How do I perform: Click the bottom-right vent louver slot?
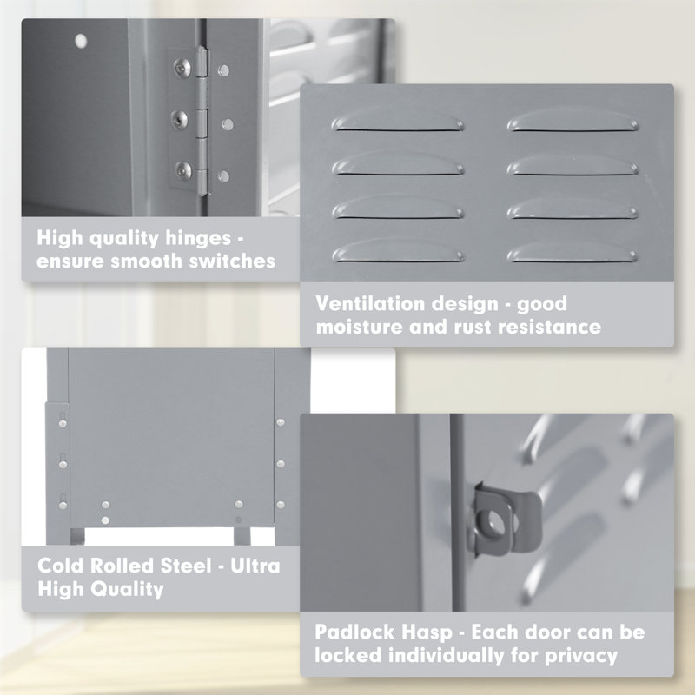point(573,252)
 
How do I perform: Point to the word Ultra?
point(255,566)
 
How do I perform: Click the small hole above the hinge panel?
point(81,40)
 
